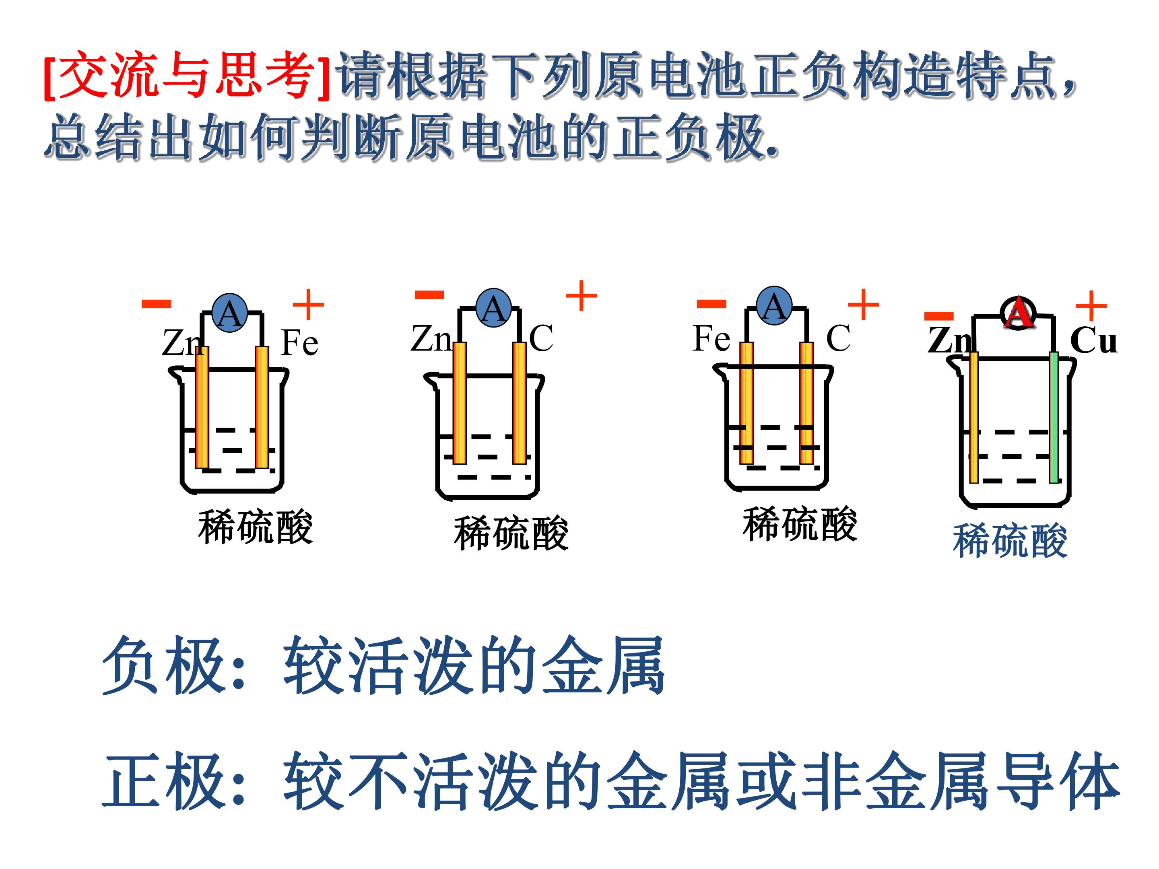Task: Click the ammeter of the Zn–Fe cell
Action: (x=229, y=313)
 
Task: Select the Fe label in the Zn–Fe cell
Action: (x=299, y=343)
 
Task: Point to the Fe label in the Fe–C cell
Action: (x=711, y=338)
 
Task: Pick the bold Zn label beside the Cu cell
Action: (x=949, y=340)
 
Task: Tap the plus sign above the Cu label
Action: (x=1091, y=305)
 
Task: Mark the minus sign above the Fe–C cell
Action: (x=711, y=303)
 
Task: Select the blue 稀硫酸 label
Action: (x=1010, y=541)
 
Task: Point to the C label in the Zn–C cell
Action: (x=541, y=338)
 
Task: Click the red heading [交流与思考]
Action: (x=188, y=75)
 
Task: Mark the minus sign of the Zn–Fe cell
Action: (x=156, y=303)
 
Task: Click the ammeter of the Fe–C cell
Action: (x=774, y=305)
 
